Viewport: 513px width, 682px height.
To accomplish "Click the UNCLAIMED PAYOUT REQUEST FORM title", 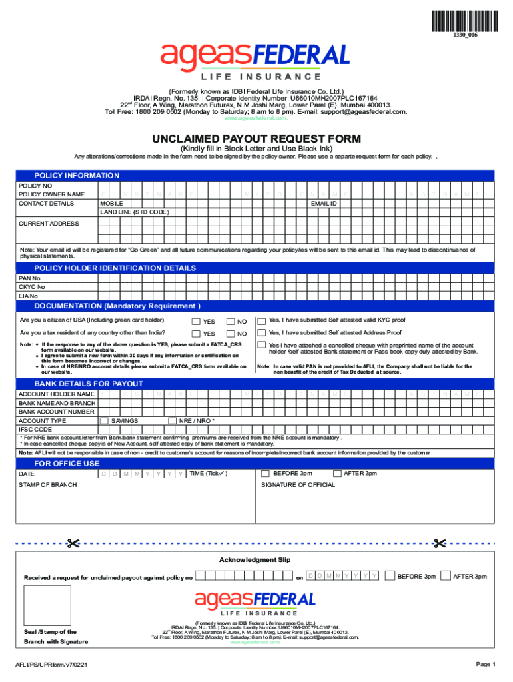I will coord(256,139).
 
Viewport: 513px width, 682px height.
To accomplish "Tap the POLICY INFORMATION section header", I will coord(77,176).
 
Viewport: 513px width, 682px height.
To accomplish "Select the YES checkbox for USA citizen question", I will coord(196,322).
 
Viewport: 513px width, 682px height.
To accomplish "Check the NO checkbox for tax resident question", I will coord(231,334).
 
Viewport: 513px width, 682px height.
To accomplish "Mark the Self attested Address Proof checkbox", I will coord(262,333).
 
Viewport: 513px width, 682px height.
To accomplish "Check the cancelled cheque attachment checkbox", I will coord(262,346).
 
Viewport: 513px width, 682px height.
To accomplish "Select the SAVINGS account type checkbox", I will coord(104,421).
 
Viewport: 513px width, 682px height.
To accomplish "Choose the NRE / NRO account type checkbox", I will coord(172,421).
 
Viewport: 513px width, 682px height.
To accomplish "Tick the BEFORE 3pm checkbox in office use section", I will coord(265,474).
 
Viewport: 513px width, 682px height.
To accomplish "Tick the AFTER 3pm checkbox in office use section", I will coord(337,474).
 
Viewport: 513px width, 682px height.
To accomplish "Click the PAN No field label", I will coord(29,278).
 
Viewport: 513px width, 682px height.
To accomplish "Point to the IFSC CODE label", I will coord(35,430).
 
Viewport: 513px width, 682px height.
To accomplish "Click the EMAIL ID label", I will coord(324,203).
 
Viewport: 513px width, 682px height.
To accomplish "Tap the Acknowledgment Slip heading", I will coord(255,560).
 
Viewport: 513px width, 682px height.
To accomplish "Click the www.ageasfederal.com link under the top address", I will coord(256,118).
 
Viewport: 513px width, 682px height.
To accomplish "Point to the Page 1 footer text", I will coord(485,664).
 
